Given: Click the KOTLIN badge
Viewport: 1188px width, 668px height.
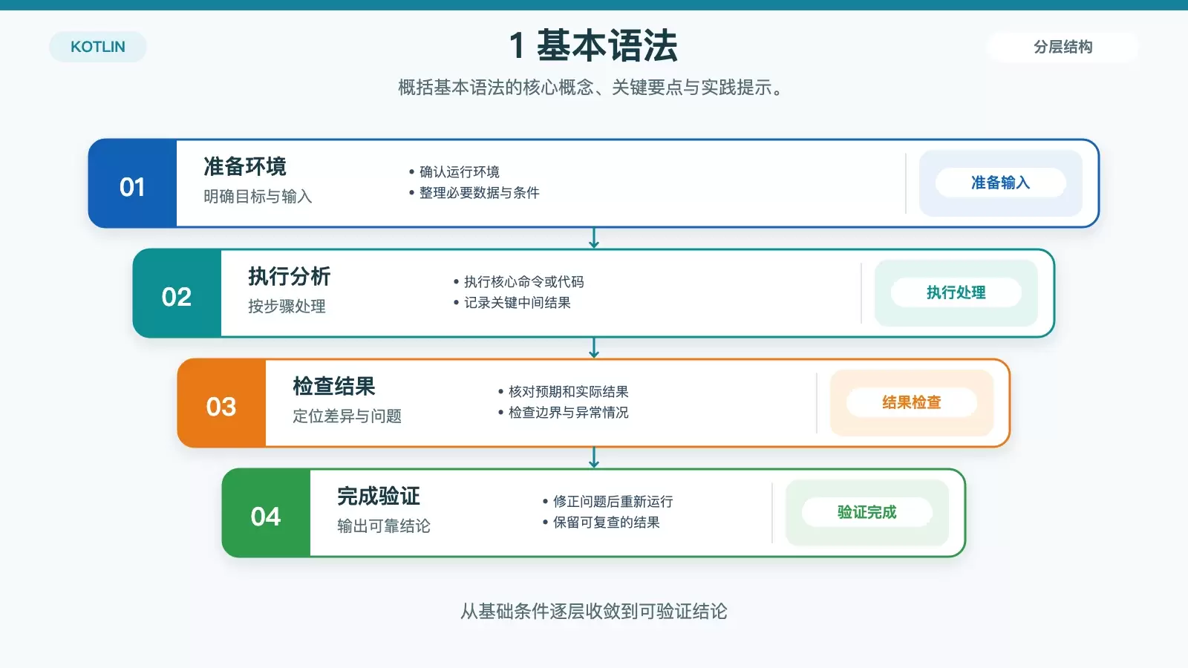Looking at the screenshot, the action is point(97,47).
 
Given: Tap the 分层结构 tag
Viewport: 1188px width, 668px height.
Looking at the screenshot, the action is point(1063,47).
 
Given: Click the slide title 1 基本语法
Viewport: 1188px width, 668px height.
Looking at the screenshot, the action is point(593,45).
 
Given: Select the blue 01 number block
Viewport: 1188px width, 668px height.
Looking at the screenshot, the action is point(133,183).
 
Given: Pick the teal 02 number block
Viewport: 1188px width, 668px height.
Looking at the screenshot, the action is point(177,293).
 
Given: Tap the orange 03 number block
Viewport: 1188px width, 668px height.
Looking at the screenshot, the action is point(222,403).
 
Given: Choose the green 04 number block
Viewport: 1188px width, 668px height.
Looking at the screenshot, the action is point(267,513).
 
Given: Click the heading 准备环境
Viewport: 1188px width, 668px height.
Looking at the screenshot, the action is point(245,166).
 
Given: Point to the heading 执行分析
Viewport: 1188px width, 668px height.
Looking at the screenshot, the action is point(290,276).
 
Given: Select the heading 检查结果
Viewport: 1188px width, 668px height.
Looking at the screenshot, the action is point(334,386).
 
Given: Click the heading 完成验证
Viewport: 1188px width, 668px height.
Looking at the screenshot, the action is point(379,496).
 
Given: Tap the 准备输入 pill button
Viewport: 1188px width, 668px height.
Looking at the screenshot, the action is point(1001,183).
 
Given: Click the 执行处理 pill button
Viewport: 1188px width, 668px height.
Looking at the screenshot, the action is point(956,292).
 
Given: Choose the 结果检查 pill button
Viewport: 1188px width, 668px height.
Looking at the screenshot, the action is point(912,402).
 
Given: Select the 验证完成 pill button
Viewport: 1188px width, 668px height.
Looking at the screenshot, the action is point(867,512).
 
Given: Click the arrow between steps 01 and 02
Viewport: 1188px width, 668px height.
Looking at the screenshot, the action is point(594,238).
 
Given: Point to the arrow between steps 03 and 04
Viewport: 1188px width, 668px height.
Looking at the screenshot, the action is point(594,457).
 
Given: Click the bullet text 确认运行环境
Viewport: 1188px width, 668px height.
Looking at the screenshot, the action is point(460,171).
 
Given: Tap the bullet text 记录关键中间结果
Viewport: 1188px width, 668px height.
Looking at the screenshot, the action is point(517,303).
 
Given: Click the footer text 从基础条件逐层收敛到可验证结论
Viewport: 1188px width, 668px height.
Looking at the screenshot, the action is point(593,612).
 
